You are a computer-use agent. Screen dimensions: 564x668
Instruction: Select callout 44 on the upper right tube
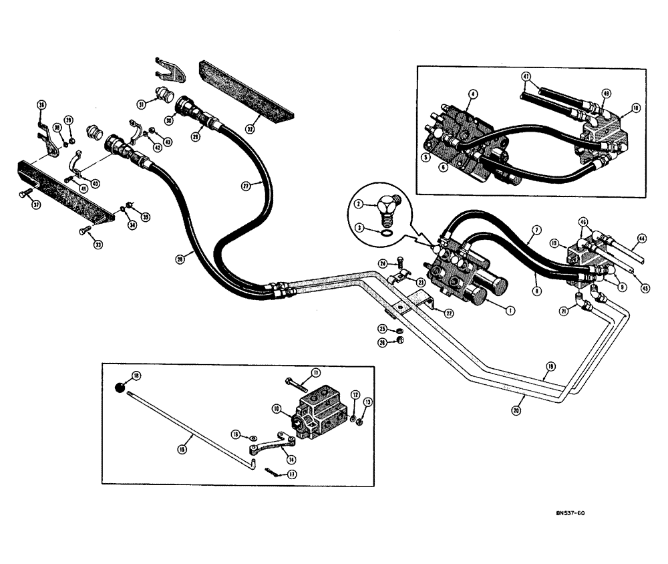point(641,237)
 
